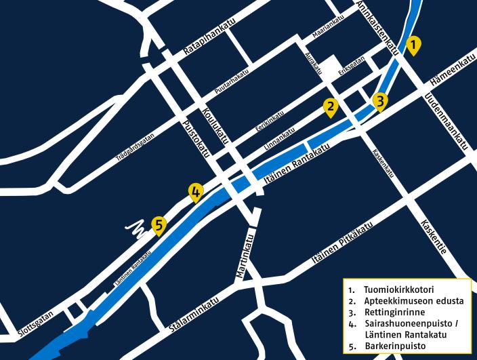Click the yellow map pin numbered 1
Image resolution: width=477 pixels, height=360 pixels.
(x=413, y=45)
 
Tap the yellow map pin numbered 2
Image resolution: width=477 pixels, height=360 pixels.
(x=331, y=106)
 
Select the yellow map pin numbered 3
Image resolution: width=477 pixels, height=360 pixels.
(x=381, y=102)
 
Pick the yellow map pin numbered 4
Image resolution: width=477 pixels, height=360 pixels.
(x=195, y=192)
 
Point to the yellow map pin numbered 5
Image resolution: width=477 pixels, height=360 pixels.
(x=159, y=224)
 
